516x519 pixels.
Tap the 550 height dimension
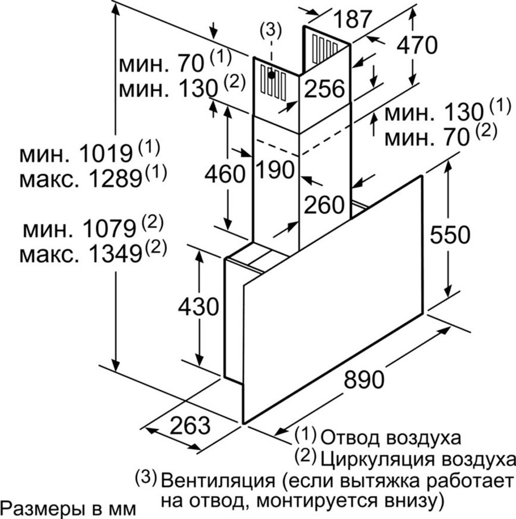click(x=449, y=235)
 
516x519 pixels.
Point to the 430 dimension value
click(x=198, y=307)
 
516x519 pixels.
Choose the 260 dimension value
click(x=324, y=205)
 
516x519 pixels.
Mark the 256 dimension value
click(x=324, y=89)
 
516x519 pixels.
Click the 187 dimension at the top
click(x=352, y=19)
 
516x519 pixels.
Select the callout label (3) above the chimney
click(x=271, y=31)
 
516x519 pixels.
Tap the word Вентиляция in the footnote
click(x=218, y=480)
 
